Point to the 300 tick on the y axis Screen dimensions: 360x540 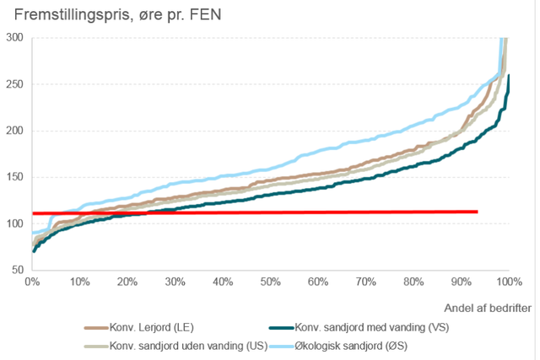[13, 38]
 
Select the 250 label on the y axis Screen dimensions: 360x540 [13, 84]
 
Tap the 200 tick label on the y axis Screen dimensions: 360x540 [13, 131]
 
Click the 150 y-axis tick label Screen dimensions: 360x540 [13, 177]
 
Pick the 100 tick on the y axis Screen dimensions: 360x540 [13, 223]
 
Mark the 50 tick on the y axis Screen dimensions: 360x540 [16, 270]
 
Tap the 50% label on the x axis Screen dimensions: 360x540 [270, 281]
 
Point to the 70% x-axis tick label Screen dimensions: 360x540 [365, 281]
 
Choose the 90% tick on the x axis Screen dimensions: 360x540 [461, 281]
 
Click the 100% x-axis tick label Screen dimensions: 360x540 [507, 281]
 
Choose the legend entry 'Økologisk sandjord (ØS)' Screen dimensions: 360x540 [366, 346]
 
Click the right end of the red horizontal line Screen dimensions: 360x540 [478, 212]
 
